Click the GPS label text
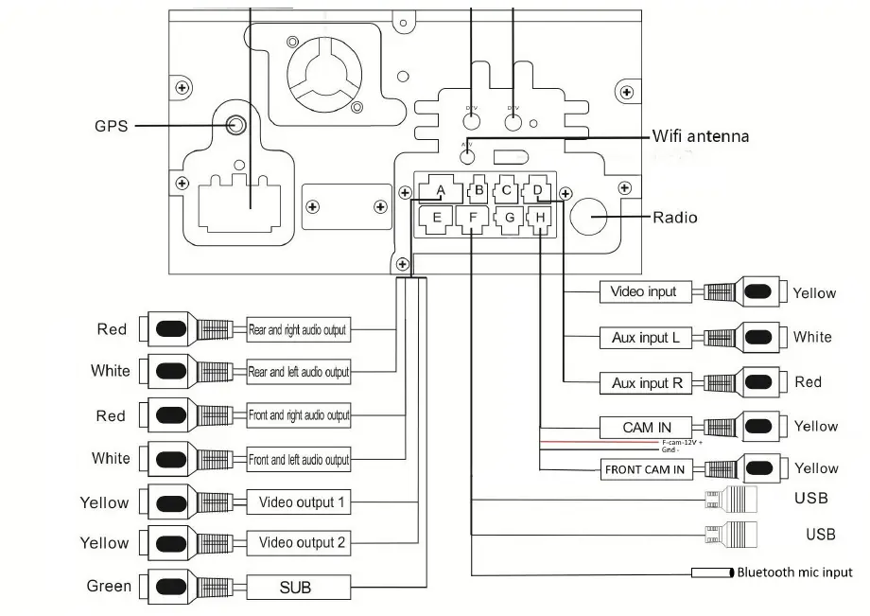111,125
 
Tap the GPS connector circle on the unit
236,124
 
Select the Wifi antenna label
700,136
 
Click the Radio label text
675,218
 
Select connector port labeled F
472,219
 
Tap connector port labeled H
539,219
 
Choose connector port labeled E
436,219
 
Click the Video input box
643,291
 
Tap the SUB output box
295,588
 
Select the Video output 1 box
298,502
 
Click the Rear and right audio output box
298,330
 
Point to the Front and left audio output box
298,460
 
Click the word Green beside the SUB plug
109,587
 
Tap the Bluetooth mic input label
794,572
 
